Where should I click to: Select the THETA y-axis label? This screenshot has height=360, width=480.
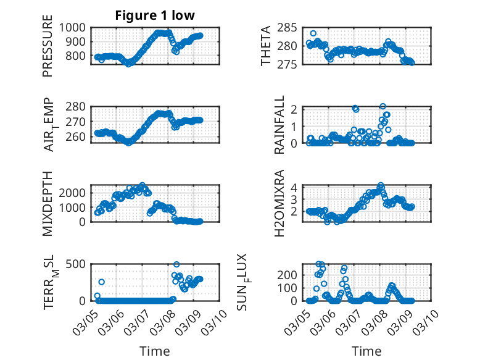coord(266,46)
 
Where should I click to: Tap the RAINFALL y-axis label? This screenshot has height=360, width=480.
coord(279,125)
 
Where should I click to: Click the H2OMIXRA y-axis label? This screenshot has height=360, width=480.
coord(279,203)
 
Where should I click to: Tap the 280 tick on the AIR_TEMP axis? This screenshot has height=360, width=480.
coord(78,106)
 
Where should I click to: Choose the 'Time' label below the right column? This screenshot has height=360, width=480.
coord(366,351)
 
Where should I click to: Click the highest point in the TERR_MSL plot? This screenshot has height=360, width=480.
coord(176,264)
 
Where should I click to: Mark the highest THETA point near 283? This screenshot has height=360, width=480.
coord(313,33)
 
